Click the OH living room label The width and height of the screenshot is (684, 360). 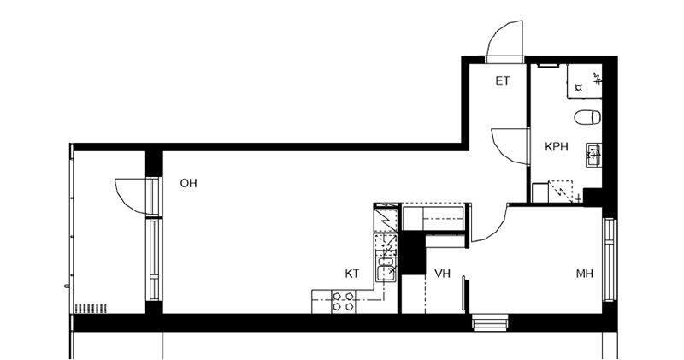(188, 183)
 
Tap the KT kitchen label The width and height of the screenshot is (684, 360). (352, 274)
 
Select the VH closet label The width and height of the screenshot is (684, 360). (442, 274)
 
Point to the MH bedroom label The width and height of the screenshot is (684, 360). (585, 274)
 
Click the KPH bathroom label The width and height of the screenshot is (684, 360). (557, 146)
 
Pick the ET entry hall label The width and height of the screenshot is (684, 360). (503, 80)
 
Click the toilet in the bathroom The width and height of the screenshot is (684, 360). (587, 117)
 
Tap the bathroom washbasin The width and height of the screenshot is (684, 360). (593, 155)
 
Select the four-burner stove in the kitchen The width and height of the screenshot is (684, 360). (343, 302)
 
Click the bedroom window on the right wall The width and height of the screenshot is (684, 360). (610, 260)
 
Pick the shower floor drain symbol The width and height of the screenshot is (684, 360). (579, 88)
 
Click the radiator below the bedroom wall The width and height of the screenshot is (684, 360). (490, 323)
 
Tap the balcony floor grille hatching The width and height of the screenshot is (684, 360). (91, 308)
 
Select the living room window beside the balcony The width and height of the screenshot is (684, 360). (154, 259)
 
